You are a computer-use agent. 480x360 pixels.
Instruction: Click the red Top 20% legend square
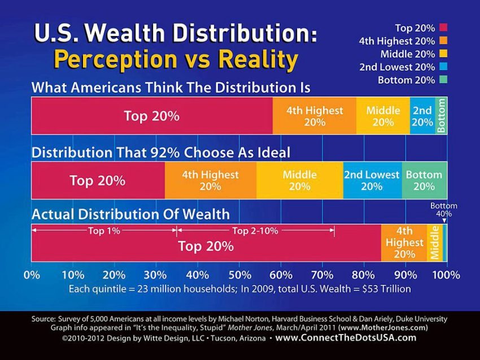(x=443, y=27)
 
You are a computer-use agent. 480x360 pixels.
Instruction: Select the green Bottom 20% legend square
(x=443, y=80)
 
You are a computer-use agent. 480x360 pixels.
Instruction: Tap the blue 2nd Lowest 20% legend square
(x=443, y=67)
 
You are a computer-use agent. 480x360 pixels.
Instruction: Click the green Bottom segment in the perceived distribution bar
(x=442, y=116)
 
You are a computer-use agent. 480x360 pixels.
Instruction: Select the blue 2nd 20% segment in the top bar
(x=422, y=116)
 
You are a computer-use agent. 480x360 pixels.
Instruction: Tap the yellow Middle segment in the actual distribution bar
(x=435, y=243)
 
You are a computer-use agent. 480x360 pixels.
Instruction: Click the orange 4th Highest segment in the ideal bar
(x=210, y=181)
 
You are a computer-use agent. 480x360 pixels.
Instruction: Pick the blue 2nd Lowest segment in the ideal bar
(x=372, y=181)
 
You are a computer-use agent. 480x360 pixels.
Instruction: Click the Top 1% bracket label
(x=103, y=230)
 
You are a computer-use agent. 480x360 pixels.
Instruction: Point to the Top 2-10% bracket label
(x=254, y=230)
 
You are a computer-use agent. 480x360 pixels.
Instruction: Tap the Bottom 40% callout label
(x=443, y=210)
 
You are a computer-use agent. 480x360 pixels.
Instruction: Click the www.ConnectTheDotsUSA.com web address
(x=346, y=338)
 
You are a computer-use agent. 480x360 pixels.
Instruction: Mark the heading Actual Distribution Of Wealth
(x=130, y=214)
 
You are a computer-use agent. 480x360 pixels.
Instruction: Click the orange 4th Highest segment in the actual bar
(x=404, y=243)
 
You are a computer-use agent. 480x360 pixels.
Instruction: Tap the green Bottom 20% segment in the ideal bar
(x=424, y=181)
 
